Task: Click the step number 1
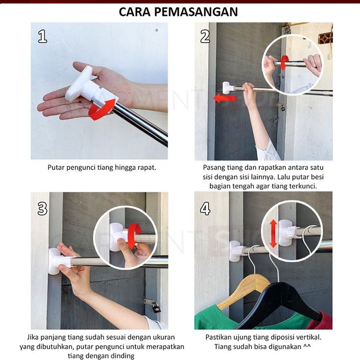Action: [43, 37]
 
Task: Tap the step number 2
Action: [205, 37]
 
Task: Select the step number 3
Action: [42, 208]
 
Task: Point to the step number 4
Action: [205, 208]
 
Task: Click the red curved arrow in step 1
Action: [102, 110]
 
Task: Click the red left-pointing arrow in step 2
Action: [225, 98]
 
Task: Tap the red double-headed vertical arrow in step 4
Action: [273, 233]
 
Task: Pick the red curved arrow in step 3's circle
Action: [134, 237]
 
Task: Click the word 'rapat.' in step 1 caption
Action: [147, 168]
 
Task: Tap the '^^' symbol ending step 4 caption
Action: [307, 346]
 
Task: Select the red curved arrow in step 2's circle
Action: [285, 62]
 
